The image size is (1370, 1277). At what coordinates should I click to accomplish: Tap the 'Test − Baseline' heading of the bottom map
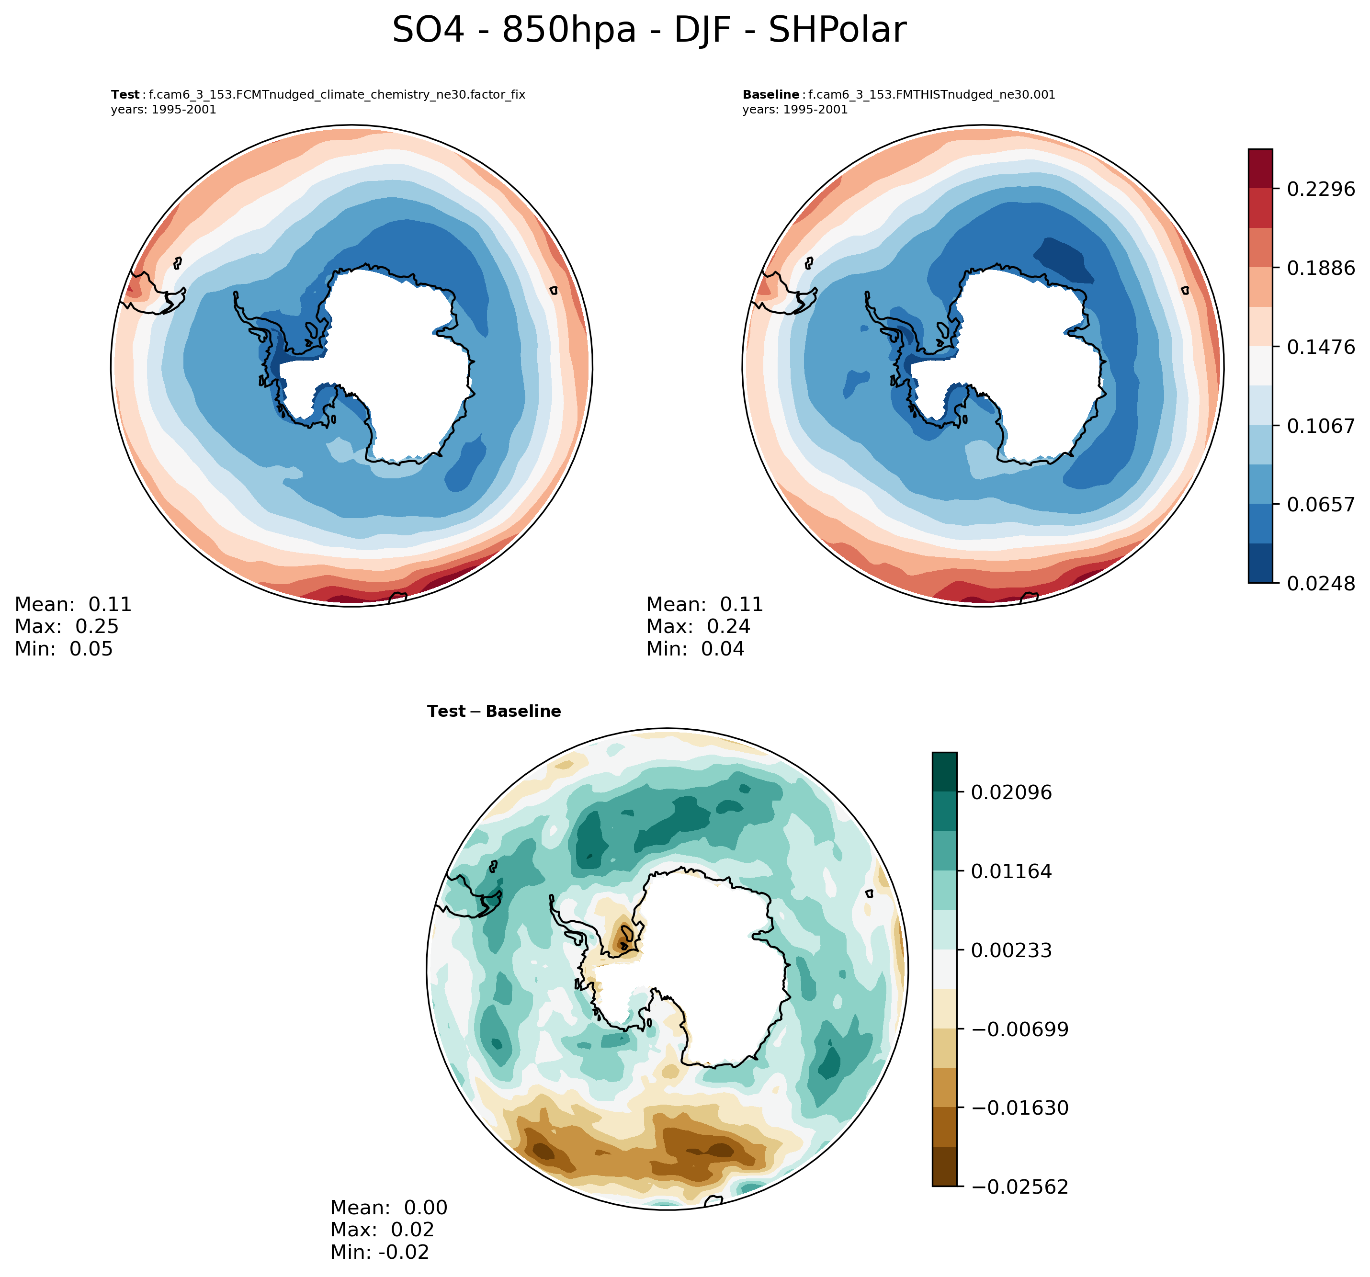pyautogui.click(x=493, y=711)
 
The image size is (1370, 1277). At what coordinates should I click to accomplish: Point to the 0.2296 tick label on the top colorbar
pyautogui.click(x=1320, y=188)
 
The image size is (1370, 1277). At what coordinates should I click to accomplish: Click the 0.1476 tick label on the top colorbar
pyautogui.click(x=1320, y=347)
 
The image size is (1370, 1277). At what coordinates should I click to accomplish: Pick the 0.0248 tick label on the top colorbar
pyautogui.click(x=1320, y=584)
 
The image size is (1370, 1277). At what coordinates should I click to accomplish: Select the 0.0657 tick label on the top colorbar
pyautogui.click(x=1320, y=505)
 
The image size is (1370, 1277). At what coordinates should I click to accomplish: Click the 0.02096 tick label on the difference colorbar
pyautogui.click(x=1011, y=792)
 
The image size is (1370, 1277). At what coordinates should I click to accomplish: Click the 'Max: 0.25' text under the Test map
pyautogui.click(x=67, y=626)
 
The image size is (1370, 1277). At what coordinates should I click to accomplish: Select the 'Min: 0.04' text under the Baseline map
pyautogui.click(x=695, y=648)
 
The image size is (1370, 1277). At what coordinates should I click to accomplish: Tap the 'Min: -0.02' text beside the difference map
pyautogui.click(x=380, y=1252)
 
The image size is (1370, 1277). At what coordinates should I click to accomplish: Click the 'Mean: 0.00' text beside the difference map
pyautogui.click(x=389, y=1208)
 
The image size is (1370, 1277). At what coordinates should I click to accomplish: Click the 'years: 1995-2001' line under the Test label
pyautogui.click(x=163, y=110)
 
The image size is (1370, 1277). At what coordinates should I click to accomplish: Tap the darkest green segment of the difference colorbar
pyautogui.click(x=944, y=772)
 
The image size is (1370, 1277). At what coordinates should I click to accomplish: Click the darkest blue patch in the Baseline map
pyautogui.click(x=1064, y=260)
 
